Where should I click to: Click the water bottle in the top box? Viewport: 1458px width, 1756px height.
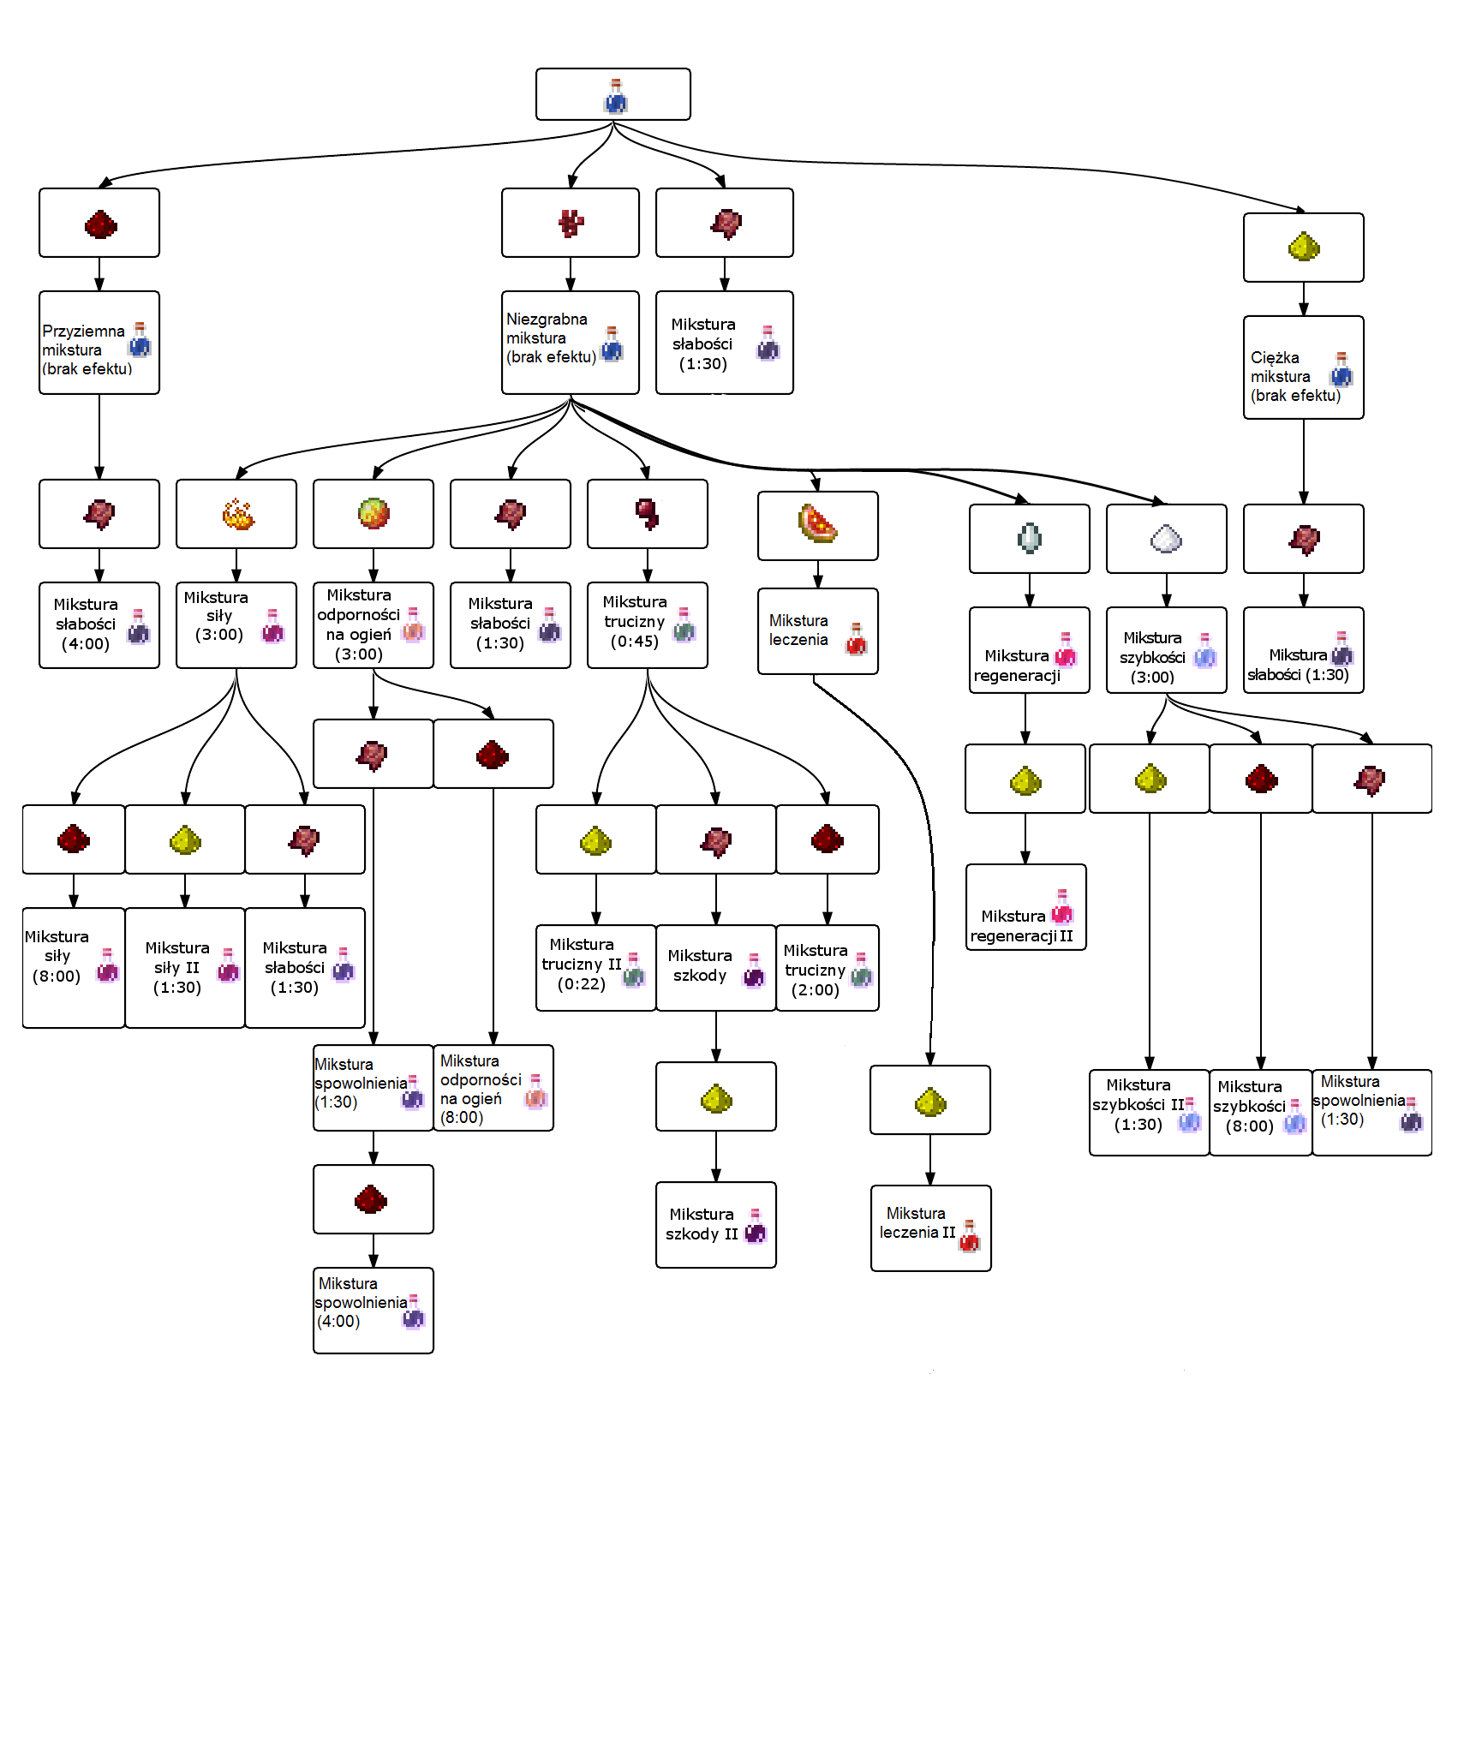[615, 96]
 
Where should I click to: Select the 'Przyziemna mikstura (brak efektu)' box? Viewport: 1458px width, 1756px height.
[99, 343]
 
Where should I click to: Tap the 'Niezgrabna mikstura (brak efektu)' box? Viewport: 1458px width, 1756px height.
[571, 343]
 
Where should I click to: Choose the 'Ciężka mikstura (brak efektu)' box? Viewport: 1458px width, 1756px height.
[1303, 368]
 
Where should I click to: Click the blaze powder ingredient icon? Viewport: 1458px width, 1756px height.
[237, 515]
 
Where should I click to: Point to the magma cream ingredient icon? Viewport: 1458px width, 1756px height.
[373, 514]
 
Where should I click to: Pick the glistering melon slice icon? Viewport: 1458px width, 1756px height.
[817, 524]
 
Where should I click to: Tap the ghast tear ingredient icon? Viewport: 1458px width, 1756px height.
[1029, 539]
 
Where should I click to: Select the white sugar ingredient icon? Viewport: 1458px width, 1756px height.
[1166, 539]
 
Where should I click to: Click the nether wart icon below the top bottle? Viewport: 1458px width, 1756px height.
[571, 224]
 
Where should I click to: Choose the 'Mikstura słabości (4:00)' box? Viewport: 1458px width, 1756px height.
[99, 625]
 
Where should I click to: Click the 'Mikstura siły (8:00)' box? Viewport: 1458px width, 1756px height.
[74, 968]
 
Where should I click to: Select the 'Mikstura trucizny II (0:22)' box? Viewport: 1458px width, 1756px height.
[596, 968]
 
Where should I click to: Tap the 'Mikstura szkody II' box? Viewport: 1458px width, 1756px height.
[716, 1225]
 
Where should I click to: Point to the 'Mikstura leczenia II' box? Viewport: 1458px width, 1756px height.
[930, 1228]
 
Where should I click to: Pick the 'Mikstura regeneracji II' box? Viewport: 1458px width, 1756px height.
[1025, 908]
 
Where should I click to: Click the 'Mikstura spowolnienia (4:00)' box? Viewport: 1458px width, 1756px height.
[373, 1311]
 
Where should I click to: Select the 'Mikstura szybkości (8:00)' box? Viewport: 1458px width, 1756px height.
[1260, 1113]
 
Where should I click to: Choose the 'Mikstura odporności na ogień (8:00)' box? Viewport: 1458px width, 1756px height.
[493, 1088]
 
